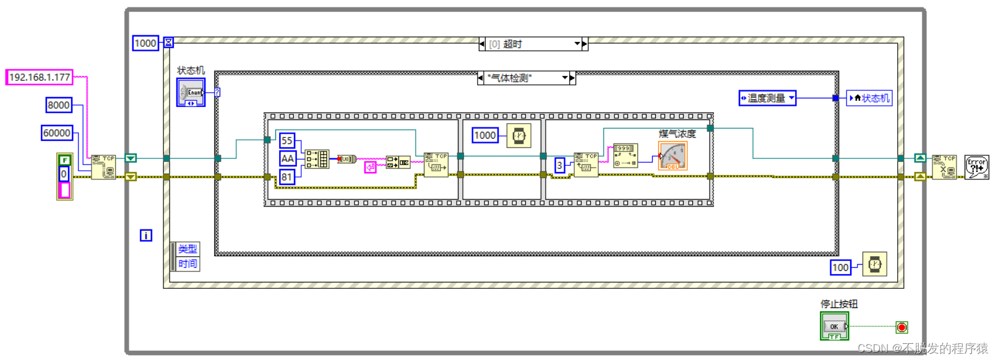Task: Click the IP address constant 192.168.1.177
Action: coord(40,77)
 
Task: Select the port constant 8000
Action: coord(59,105)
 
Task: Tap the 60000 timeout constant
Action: coord(57,133)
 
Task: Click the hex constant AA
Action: coord(287,159)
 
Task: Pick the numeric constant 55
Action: coord(286,141)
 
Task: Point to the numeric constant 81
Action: coord(286,177)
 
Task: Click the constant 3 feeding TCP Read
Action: coord(559,165)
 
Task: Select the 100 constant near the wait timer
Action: coord(840,267)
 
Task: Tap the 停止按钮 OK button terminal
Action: coord(834,326)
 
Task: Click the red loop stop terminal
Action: coord(901,327)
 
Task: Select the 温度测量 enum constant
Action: coord(767,98)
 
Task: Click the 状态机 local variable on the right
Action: coord(869,98)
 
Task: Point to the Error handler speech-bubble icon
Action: coord(976,167)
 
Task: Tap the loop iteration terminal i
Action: coord(146,235)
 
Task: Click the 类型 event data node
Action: coord(187,249)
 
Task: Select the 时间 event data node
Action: coord(187,264)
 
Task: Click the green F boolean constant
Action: coord(64,160)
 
